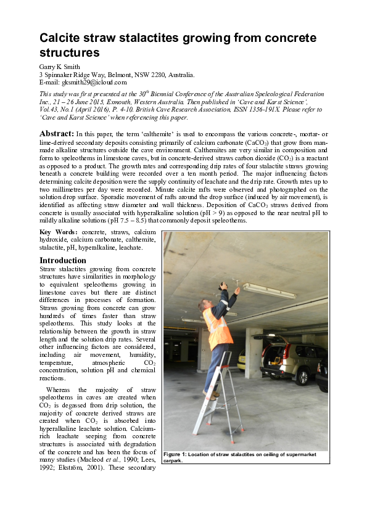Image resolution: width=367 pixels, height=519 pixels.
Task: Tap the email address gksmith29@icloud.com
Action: click(x=94, y=82)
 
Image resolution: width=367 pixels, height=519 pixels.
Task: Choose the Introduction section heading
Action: click(x=63, y=260)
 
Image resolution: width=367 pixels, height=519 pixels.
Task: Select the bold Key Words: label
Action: click(x=62, y=231)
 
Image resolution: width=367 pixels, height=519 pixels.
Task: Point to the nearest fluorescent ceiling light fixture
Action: click(x=268, y=290)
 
